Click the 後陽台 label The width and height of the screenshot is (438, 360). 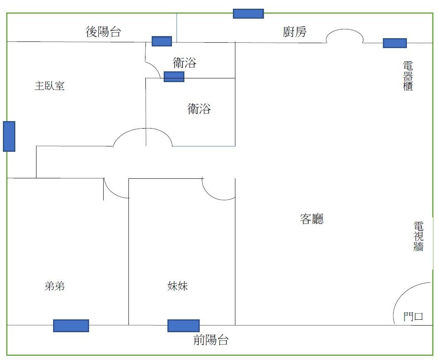[103, 32]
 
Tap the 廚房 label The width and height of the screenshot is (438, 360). [295, 32]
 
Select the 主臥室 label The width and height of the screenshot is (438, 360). [49, 86]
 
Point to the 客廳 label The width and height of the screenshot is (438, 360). [311, 219]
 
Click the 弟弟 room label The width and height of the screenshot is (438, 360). [54, 286]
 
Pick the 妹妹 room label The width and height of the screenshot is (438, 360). [178, 286]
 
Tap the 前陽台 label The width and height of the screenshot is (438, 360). [211, 341]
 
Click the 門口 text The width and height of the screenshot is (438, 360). [413, 317]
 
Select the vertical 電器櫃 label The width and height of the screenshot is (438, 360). [408, 76]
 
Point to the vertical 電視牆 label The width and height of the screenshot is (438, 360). [419, 236]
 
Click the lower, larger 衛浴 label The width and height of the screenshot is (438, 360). [199, 109]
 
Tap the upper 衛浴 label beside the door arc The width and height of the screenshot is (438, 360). [184, 63]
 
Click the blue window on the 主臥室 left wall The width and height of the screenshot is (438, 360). [9, 136]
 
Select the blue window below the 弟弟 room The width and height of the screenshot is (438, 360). [71, 326]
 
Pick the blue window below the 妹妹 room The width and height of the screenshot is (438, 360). [183, 326]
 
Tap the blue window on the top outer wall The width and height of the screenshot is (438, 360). [248, 14]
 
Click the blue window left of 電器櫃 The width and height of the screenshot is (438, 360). [394, 43]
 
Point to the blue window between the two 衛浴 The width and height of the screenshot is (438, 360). [174, 77]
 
